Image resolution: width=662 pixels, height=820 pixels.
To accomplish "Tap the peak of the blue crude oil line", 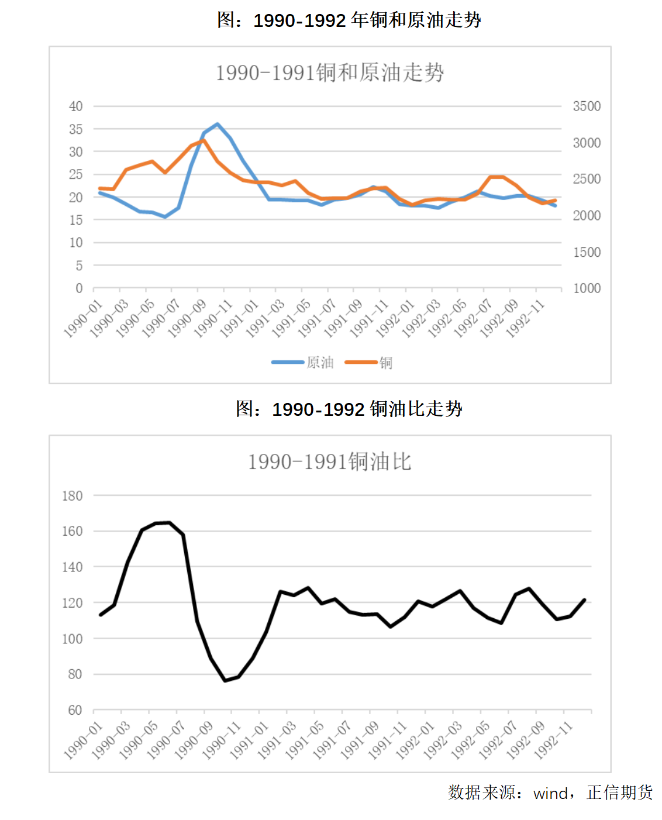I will (x=218, y=124).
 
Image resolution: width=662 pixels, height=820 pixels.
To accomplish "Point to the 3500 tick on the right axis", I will (x=587, y=106).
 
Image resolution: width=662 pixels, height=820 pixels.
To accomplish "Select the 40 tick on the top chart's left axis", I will (x=76, y=106).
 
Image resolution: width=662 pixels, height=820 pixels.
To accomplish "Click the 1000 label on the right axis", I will (x=587, y=288).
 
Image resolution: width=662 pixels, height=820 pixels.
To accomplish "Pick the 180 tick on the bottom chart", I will (x=73, y=496).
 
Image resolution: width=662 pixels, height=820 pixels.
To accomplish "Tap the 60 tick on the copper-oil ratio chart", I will (x=75, y=710).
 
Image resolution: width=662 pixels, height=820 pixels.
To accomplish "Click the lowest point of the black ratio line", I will (x=225, y=680).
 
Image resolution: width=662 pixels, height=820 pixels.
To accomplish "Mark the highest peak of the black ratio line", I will (x=170, y=523).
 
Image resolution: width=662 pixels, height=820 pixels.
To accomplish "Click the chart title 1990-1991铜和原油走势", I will (x=330, y=73).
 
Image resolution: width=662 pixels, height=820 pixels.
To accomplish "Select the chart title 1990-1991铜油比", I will (x=330, y=462).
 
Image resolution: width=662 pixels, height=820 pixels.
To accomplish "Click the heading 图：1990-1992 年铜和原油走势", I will (x=349, y=20).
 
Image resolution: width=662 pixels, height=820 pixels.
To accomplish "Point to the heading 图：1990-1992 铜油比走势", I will (x=349, y=409).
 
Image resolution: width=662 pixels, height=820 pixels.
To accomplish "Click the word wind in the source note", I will (x=550, y=794).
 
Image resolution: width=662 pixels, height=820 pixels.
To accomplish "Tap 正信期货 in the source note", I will (x=619, y=793).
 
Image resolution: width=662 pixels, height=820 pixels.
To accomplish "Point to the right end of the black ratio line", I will (x=584, y=600).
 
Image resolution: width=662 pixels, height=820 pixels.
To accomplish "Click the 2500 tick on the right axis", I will (x=587, y=179).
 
